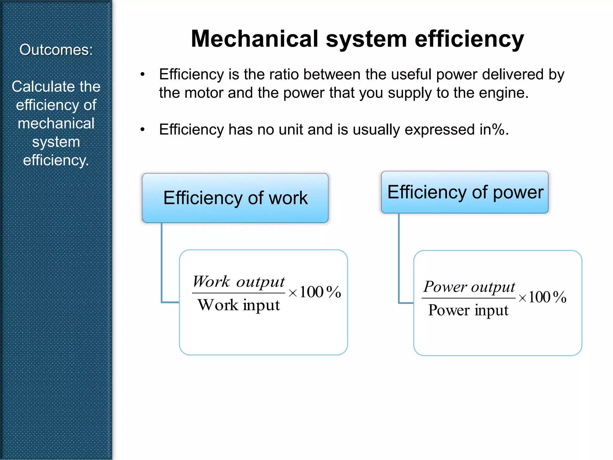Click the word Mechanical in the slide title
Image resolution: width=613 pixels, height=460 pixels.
255,39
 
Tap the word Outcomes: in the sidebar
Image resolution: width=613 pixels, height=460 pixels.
56,50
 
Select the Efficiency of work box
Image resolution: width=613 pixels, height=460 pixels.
235,198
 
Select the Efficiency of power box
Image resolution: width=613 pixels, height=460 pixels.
465,192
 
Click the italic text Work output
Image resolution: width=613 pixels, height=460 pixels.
239,282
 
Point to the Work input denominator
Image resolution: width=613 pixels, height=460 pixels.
239,305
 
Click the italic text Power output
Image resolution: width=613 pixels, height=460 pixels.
469,287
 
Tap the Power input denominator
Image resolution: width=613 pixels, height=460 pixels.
468,310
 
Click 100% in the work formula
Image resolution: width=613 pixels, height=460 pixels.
320,292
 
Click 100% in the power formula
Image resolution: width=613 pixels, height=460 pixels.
547,297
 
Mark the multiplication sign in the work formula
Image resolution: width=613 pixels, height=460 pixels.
293,293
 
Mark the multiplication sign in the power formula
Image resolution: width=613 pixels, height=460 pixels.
522,298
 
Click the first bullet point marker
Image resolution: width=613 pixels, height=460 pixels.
142,74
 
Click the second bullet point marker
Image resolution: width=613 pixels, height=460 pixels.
142,130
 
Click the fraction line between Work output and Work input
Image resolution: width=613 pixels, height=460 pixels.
239,293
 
